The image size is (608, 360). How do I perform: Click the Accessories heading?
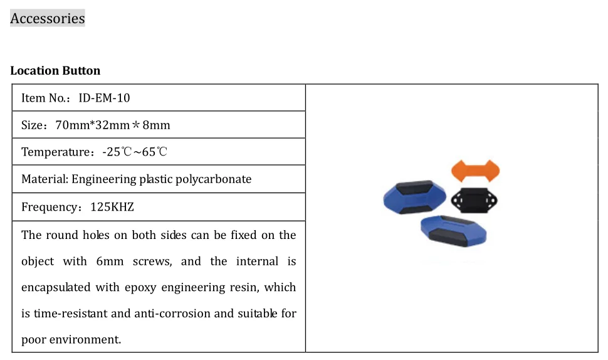[48, 19]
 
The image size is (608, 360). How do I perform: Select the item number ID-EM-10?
[104, 98]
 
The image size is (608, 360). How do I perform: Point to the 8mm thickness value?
[157, 125]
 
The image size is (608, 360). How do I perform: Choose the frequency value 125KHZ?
[113, 207]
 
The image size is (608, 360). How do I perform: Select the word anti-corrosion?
[173, 313]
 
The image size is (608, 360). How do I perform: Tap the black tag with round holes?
[474, 199]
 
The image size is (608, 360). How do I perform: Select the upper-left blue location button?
[414, 197]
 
